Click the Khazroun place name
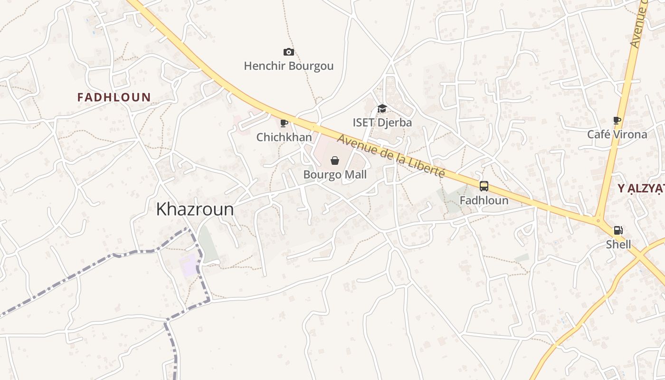click(x=195, y=209)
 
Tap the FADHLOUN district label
click(x=114, y=97)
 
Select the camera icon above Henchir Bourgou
click(x=288, y=52)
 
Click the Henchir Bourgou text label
click(x=288, y=66)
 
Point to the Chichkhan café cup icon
click(x=284, y=123)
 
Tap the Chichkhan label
click(x=284, y=137)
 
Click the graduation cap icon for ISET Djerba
click(x=382, y=109)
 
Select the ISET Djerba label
click(x=382, y=123)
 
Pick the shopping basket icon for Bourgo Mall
click(x=335, y=161)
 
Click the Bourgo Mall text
click(x=335, y=175)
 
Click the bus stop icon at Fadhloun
click(x=484, y=186)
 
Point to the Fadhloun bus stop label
click(x=484, y=200)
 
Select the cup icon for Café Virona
click(x=617, y=120)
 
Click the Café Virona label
click(x=617, y=134)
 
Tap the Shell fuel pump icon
click(x=618, y=230)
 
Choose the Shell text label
click(x=618, y=245)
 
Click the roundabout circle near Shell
click(x=598, y=220)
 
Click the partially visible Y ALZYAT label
click(x=641, y=189)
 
